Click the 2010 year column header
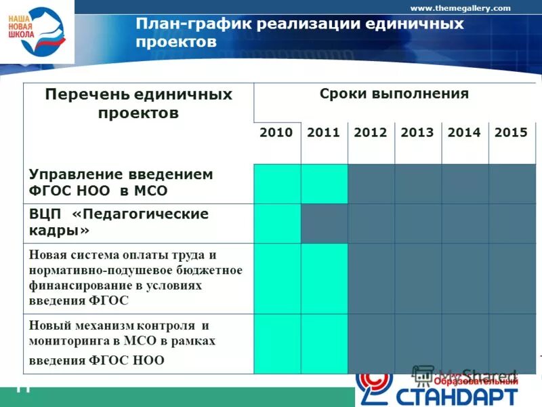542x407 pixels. coord(276,133)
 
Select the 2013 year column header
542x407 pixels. coord(417,133)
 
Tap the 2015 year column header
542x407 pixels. coord(511,133)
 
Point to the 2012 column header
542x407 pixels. coord(371,133)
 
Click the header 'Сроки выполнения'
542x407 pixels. coord(394,94)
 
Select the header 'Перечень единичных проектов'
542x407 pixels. coord(138,103)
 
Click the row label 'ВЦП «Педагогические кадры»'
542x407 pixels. coord(119,222)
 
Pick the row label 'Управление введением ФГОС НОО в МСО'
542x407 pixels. coord(121,182)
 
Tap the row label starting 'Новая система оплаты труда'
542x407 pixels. coord(135,277)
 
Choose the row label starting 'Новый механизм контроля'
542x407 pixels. coord(122,342)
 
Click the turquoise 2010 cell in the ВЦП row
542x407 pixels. coord(277,223)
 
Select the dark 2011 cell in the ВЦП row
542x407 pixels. coord(324,223)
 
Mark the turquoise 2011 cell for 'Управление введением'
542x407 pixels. coord(324,183)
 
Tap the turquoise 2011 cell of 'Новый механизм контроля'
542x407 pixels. coord(324,343)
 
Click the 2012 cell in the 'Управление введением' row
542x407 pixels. coord(371,183)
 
